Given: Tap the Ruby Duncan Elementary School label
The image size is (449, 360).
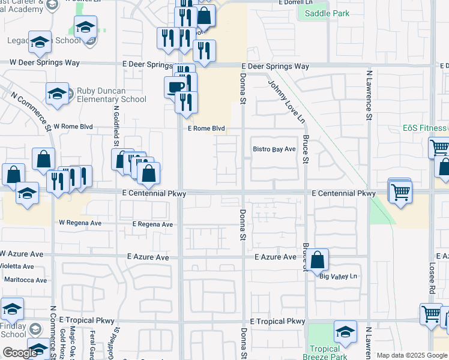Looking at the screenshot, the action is point(111,95).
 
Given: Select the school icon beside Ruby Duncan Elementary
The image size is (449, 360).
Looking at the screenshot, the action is point(57,94).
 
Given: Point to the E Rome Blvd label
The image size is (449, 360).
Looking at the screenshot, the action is point(206,128).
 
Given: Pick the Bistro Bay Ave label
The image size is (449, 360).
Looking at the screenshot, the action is point(274,149).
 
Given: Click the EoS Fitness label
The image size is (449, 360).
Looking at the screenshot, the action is point(424,128).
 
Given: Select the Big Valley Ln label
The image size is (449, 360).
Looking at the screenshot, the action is point(338,276).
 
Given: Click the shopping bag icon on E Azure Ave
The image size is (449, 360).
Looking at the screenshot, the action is point(318,260).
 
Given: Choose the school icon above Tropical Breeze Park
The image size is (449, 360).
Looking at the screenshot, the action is point(345,332).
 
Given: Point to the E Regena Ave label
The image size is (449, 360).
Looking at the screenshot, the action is point(152,224).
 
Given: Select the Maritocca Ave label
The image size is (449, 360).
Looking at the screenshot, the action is point(25,280).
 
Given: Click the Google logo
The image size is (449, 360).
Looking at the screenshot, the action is point(20,353).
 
